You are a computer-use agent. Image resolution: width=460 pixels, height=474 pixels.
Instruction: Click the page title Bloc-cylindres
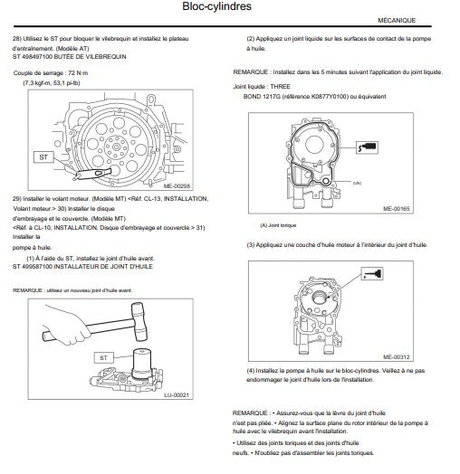tap(216, 6)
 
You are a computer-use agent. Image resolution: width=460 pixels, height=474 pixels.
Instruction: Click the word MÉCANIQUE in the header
tap(397, 21)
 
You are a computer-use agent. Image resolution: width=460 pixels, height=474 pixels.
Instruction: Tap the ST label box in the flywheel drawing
tap(43, 157)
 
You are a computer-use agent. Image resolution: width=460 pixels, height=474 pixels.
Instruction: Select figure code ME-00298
tap(177, 186)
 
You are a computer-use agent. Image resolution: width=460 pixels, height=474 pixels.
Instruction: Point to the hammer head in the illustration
tap(139, 321)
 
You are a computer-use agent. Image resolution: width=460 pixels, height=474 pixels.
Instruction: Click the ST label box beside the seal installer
tap(103, 358)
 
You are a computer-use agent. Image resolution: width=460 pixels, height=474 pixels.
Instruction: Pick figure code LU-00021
tap(177, 395)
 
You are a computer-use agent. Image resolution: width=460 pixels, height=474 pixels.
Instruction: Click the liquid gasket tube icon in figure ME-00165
tap(367, 147)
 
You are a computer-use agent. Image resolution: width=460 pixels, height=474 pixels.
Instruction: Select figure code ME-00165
tap(396, 209)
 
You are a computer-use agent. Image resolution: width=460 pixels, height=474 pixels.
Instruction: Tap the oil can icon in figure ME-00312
tap(372, 274)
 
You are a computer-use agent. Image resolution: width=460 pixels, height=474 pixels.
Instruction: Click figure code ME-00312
tap(396, 357)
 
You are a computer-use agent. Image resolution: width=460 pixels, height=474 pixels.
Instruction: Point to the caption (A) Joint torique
tap(278, 225)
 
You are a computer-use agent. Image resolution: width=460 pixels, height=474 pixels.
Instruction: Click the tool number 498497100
tap(37, 57)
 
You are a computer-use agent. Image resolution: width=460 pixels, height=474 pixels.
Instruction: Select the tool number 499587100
tap(37, 267)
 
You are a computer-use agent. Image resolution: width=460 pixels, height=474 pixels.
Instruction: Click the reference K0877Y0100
tap(330, 97)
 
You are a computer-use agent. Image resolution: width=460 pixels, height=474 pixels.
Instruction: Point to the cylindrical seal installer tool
tap(141, 364)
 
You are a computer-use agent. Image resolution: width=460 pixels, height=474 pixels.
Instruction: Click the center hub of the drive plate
tap(116, 147)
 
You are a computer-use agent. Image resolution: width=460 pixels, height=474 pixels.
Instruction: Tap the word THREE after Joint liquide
tap(280, 87)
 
